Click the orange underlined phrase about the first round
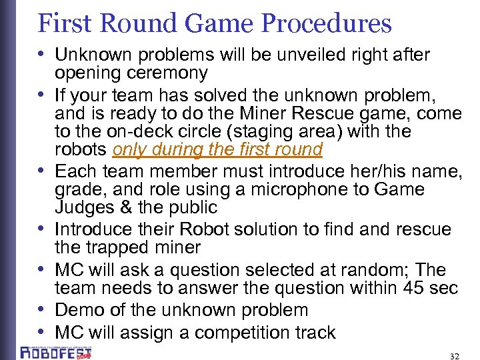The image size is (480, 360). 218,149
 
